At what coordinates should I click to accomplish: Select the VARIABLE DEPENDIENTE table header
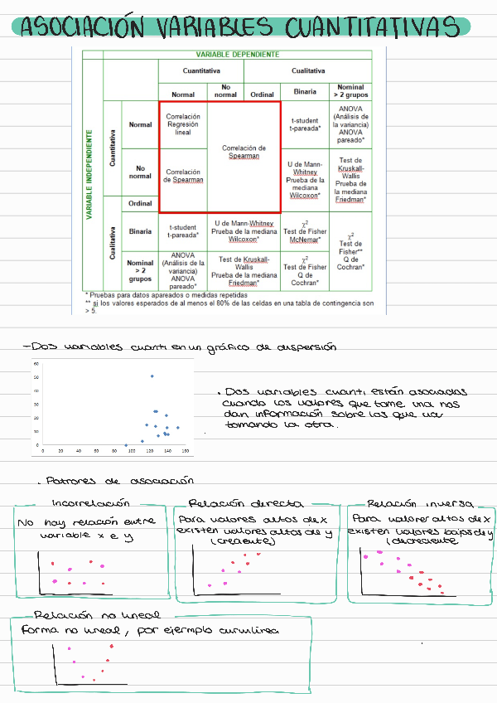click(237, 53)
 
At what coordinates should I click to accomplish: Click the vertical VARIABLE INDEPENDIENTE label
click(89, 173)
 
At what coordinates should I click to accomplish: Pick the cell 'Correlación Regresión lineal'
click(183, 124)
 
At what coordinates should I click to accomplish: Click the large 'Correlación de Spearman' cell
click(244, 152)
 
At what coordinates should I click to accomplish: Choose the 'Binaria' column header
click(306, 93)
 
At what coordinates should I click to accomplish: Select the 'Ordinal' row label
click(140, 204)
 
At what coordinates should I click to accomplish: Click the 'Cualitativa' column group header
click(308, 70)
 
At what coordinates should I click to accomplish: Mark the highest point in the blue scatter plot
click(152, 376)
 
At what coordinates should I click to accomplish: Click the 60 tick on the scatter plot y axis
click(36, 364)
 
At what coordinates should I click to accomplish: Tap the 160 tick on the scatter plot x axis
click(186, 451)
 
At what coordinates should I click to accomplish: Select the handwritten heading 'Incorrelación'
click(90, 503)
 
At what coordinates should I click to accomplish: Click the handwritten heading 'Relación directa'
click(234, 503)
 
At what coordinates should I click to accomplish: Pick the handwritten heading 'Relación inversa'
click(420, 503)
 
